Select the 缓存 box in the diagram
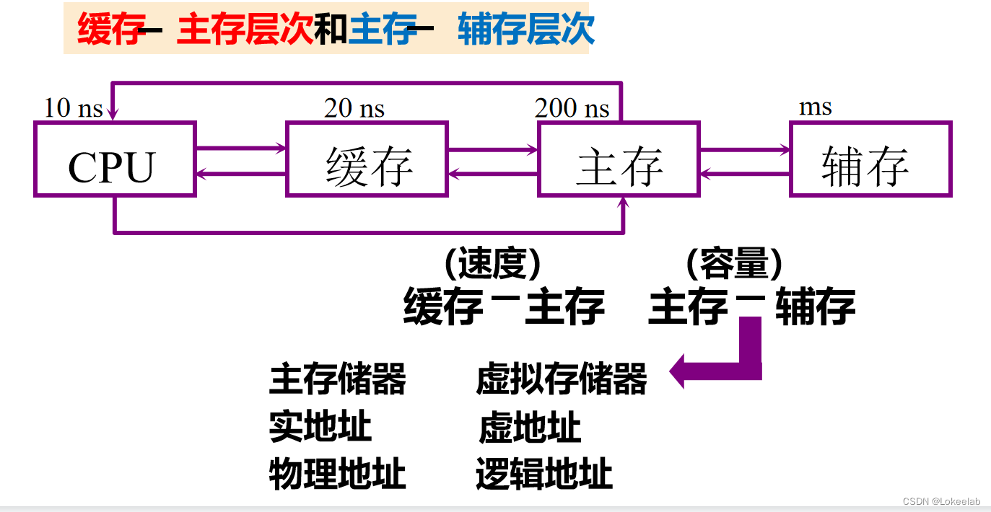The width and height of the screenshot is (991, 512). (x=367, y=159)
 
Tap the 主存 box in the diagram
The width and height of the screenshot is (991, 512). (x=619, y=159)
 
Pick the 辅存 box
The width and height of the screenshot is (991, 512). (x=870, y=159)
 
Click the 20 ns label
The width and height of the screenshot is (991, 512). (x=354, y=108)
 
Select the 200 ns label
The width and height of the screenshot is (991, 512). (x=572, y=108)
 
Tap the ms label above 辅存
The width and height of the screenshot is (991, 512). (x=816, y=107)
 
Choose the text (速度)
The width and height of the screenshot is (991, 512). (x=492, y=265)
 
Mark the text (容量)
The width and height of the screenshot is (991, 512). (x=734, y=265)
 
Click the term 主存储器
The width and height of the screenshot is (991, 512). (x=338, y=379)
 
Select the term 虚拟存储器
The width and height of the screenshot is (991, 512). (x=562, y=379)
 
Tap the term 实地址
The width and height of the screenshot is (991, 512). (x=320, y=427)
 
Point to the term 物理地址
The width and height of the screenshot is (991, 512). (x=338, y=475)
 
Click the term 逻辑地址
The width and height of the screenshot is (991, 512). (x=544, y=475)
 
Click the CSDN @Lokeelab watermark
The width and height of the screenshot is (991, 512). (x=942, y=501)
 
